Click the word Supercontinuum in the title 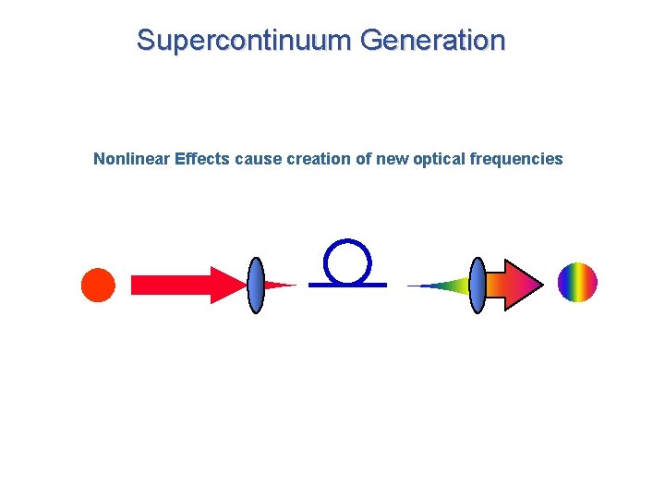click(245, 41)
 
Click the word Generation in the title click(433, 41)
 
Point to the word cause click(259, 159)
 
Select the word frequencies click(516, 159)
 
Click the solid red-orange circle click(98, 285)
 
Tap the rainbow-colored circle click(578, 282)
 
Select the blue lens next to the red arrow click(256, 285)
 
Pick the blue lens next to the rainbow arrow click(478, 285)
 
